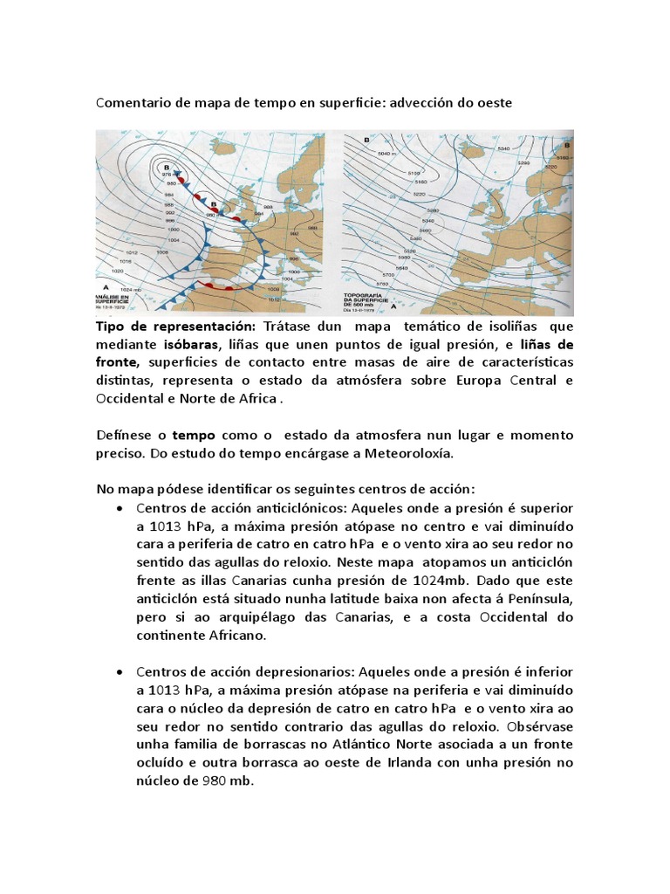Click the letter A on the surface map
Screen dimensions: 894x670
click(106, 285)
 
